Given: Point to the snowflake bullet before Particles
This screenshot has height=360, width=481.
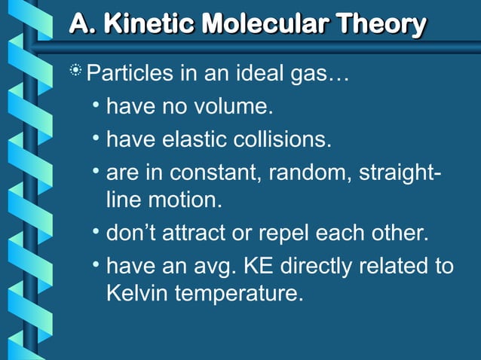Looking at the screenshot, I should pyautogui.click(x=75, y=73).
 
